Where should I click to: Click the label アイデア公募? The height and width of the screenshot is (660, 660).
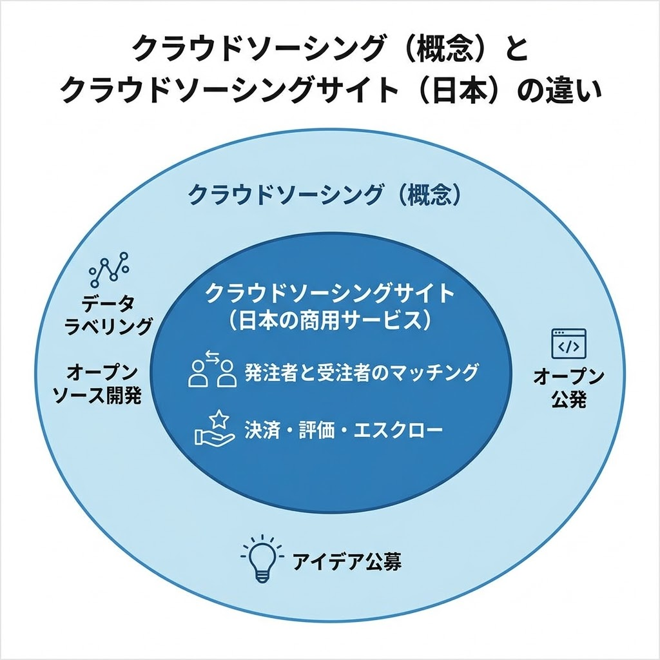pyautogui.click(x=347, y=561)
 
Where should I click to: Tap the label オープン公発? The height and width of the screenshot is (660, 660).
pyautogui.click(x=568, y=389)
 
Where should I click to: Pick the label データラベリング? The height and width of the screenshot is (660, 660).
pyautogui.click(x=108, y=315)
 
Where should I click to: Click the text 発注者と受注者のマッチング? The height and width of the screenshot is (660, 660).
pyautogui.click(x=361, y=372)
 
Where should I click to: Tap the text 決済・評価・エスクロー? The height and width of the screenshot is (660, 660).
pyautogui.click(x=344, y=430)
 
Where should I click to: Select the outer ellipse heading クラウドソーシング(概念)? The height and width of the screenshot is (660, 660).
pyautogui.click(x=325, y=195)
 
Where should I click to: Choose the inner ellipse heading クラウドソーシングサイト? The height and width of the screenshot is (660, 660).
pyautogui.click(x=330, y=293)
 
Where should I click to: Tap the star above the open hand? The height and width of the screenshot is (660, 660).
pyautogui.click(x=219, y=418)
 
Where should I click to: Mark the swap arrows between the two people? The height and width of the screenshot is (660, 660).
pyautogui.click(x=211, y=357)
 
